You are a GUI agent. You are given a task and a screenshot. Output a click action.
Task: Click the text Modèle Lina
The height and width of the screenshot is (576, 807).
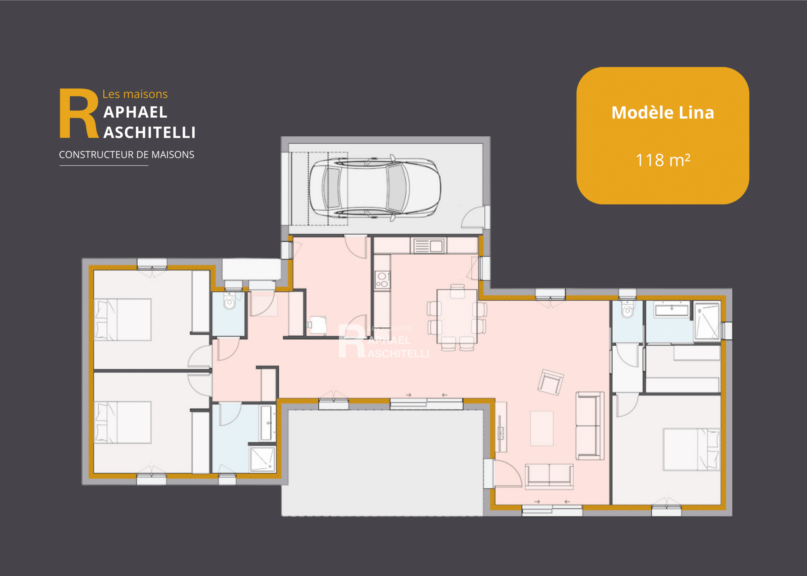pos(663,113)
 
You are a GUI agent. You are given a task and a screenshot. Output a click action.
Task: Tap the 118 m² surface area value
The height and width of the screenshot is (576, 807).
pos(663,160)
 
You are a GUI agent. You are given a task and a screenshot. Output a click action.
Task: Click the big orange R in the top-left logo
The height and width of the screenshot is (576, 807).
pos(79,113)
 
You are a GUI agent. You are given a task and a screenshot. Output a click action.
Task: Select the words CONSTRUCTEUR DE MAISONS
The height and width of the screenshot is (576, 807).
pos(127,155)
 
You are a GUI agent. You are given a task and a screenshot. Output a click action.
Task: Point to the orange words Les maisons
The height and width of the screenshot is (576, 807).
pos(135,94)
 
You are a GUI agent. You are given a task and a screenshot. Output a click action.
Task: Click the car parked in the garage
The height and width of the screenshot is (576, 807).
pos(375,188)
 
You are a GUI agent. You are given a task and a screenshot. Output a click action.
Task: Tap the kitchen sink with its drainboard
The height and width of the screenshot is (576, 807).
pos(428,246)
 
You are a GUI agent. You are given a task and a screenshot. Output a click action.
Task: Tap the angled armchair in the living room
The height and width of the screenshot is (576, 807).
pos(550,382)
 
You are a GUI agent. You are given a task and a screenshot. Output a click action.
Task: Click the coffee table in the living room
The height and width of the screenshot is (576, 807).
pos(542,428)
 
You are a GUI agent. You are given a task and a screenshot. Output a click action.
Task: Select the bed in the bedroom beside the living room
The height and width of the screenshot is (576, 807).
pos(691,449)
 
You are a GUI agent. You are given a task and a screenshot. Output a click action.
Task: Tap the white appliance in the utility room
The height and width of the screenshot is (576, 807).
pos(318,325)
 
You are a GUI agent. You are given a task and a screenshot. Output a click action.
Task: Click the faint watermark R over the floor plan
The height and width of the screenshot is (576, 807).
pos(351,341)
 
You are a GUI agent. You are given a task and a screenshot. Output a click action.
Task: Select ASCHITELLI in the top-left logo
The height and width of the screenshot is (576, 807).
pos(149,133)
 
